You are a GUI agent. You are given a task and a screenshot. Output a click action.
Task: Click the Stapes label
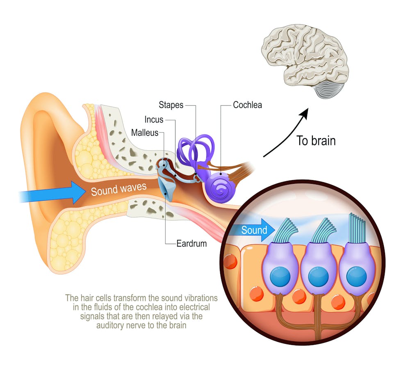pos(171,105)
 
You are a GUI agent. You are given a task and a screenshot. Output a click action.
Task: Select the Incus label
pos(154,120)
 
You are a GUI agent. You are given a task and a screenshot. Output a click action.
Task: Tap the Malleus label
pos(144,133)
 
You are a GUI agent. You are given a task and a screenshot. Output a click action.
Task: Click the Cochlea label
pos(247,105)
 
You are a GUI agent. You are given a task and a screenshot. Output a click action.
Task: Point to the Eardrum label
pos(191,243)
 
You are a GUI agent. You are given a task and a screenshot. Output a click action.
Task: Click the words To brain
pos(316,141)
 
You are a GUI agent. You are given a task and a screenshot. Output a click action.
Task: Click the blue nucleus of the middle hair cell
pos(317,278)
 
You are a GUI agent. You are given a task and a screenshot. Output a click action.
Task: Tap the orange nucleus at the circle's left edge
pos(230,262)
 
